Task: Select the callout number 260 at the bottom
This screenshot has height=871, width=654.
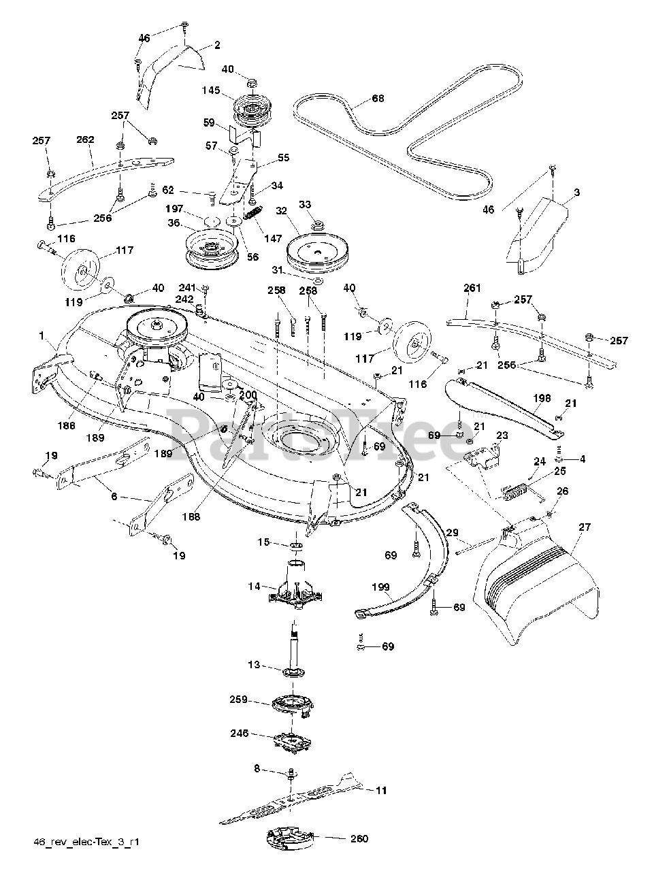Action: pos(359,838)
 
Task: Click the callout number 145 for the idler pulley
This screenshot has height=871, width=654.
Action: pos(211,90)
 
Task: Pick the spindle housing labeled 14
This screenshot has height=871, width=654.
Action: pos(296,588)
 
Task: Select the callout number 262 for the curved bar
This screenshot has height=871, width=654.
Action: pos(85,139)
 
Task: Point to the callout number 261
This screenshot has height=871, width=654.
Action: pos(472,288)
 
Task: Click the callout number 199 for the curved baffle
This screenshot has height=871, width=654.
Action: pos(381,587)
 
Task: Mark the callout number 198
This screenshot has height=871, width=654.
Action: pos(542,397)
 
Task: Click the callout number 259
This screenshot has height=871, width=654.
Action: pos(238,699)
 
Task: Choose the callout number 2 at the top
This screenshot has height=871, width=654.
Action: pos(217,45)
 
